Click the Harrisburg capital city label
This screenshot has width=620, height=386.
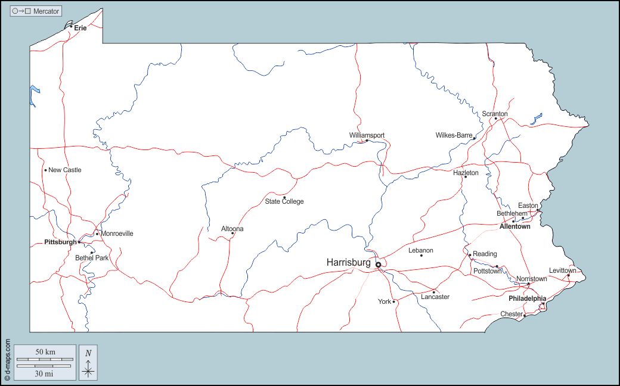[348, 262]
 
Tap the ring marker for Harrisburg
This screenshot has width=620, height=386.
[378, 264]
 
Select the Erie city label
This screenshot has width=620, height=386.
[80, 28]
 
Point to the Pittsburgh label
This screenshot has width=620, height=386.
[60, 242]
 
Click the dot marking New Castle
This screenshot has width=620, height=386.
[45, 170]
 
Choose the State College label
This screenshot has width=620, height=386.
[284, 201]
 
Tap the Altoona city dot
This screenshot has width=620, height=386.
[232, 234]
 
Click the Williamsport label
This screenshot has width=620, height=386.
[367, 135]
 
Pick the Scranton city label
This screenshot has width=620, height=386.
[495, 114]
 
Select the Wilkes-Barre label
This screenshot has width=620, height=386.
[454, 135]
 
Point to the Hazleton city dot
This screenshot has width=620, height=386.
[466, 177]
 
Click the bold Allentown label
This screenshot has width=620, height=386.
[515, 227]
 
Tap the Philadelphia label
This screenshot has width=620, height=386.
[527, 298]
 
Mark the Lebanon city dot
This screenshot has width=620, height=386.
[421, 256]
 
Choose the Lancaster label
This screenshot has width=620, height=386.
[435, 297]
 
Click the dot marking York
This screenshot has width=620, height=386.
[393, 302]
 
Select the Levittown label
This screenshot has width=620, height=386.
[563, 270]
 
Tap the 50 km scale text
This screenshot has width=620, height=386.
[45, 352]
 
